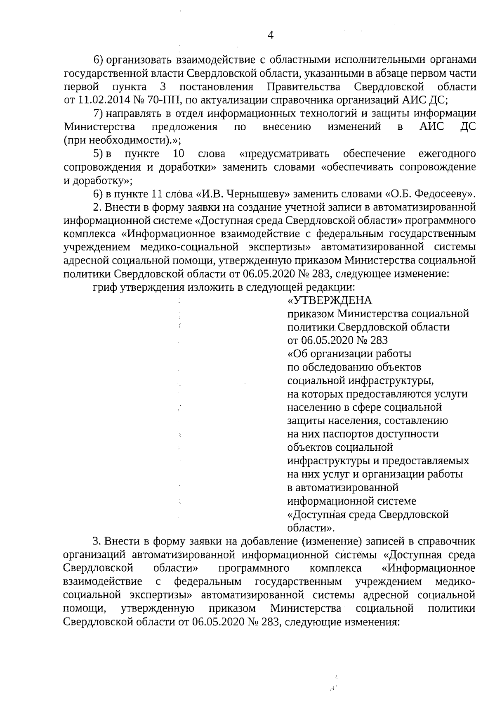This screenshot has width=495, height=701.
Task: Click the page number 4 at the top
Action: (x=271, y=36)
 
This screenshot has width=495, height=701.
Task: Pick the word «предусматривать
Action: (x=284, y=154)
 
